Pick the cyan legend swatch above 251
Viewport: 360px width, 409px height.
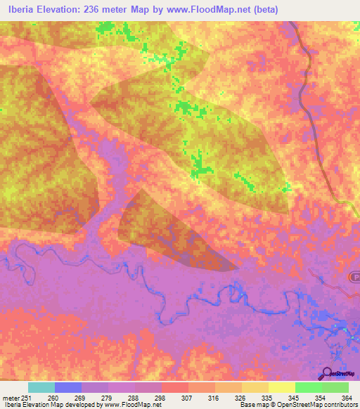pyautogui.click(x=41, y=387)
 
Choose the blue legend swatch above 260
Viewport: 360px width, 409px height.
pyautogui.click(x=68, y=387)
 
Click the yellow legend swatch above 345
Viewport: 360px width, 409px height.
pyautogui.click(x=282, y=387)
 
